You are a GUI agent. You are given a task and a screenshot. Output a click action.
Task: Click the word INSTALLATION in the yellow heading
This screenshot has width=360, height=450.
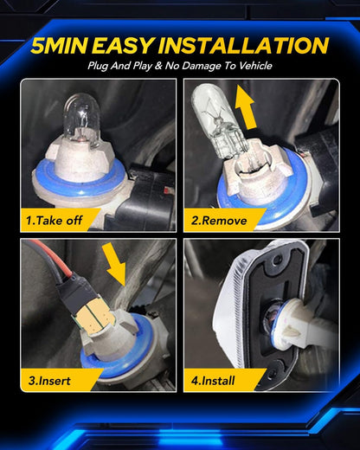coord(243,46)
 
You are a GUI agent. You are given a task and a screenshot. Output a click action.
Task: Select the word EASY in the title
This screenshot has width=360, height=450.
coord(124,46)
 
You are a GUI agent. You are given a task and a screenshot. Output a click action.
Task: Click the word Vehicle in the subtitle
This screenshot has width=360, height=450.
coord(255,66)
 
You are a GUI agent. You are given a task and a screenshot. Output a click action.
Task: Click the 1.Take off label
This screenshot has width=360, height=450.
coord(54,221)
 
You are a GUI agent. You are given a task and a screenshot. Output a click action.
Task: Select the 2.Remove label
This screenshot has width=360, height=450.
coord(219,221)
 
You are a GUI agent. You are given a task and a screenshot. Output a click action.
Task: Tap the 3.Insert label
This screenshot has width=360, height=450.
coord(49,381)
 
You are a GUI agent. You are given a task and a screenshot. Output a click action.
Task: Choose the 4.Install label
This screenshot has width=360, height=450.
coord(213,381)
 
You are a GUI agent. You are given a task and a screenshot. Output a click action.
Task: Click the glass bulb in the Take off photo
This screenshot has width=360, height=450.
coord(82,118)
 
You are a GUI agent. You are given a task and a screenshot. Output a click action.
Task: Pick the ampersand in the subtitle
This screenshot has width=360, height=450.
coord(158,66)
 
